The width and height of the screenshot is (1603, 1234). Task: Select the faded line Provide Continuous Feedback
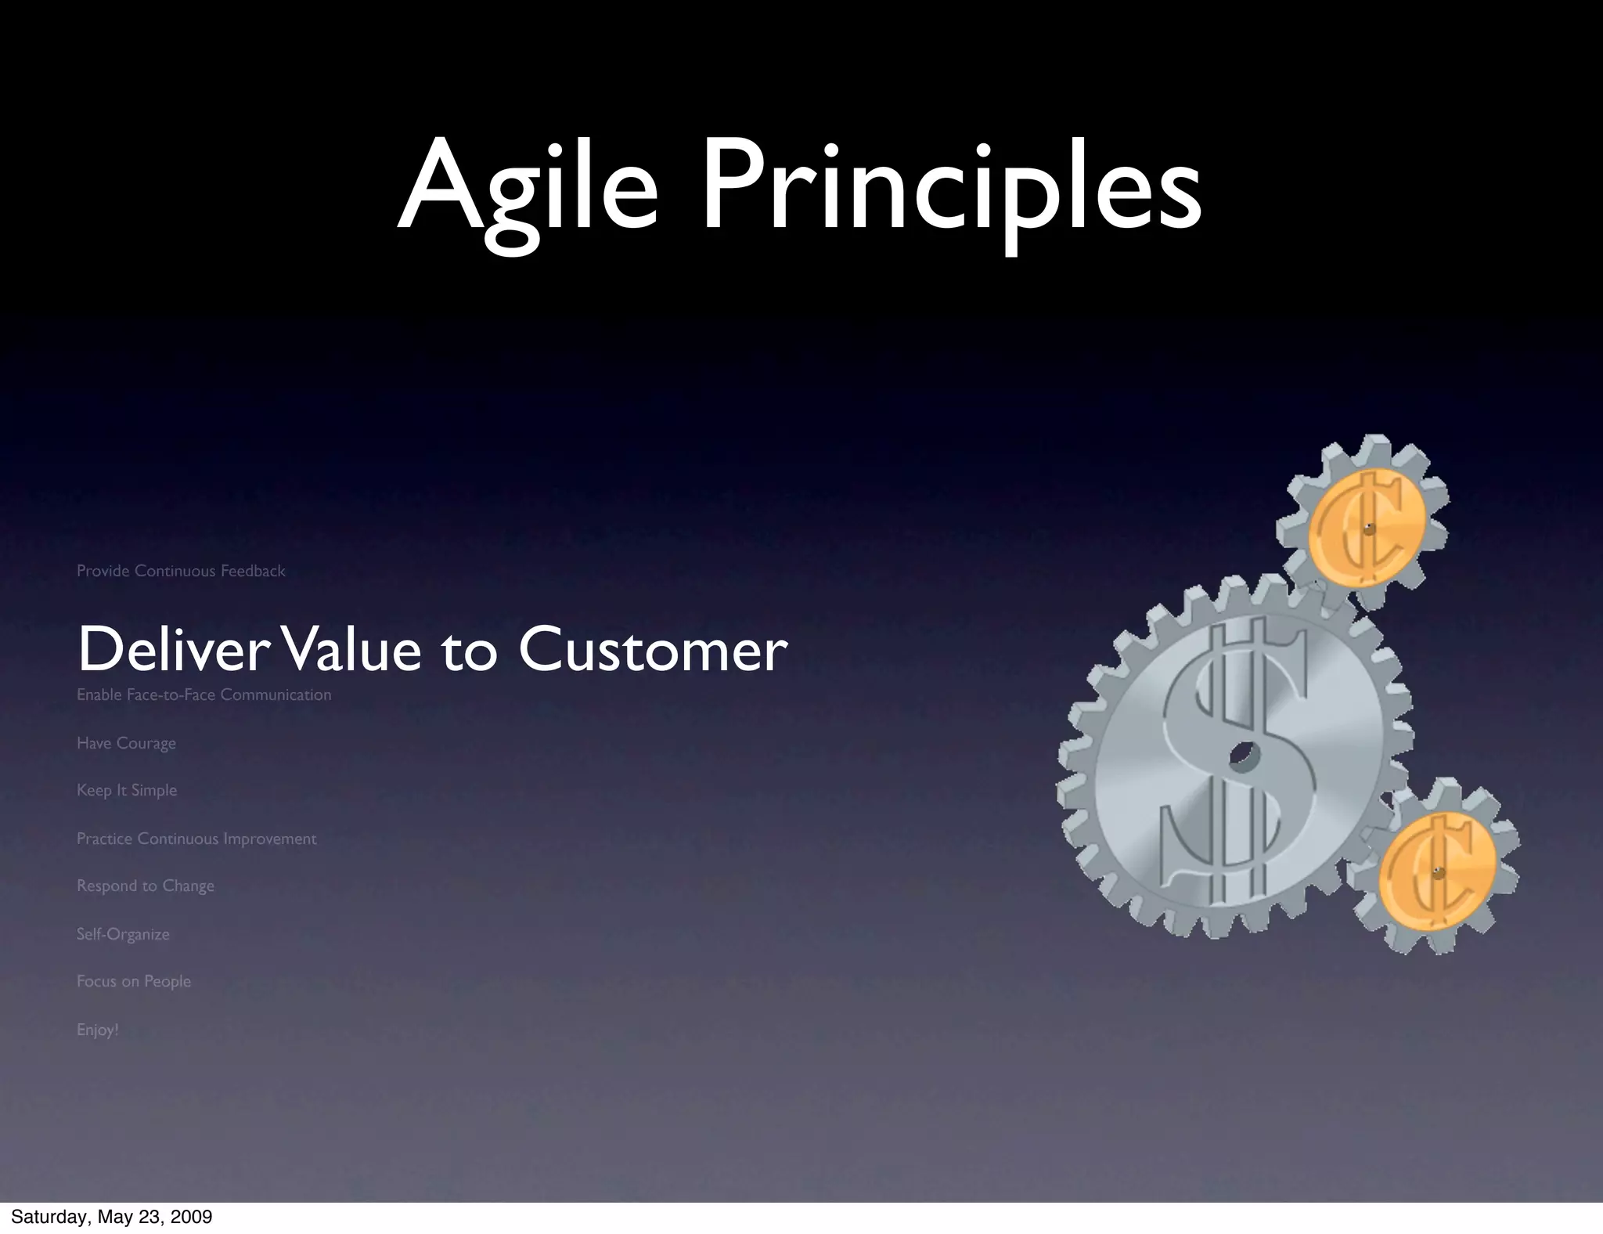click(x=181, y=571)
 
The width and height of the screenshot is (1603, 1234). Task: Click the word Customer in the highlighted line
click(x=652, y=650)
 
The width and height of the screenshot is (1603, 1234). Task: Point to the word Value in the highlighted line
click(x=352, y=650)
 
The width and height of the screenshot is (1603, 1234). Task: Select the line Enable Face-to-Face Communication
click(x=204, y=695)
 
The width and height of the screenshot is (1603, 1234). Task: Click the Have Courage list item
click(x=126, y=743)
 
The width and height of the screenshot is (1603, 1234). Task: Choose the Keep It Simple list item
click(x=127, y=790)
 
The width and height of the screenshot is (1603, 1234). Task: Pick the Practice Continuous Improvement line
click(x=196, y=839)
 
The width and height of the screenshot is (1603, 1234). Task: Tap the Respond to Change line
click(x=146, y=886)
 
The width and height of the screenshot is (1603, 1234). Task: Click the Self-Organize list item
click(x=123, y=934)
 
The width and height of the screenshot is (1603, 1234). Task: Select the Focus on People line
click(x=134, y=981)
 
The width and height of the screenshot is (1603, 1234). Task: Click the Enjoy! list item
click(x=98, y=1030)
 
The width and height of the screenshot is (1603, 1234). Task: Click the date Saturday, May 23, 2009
click(x=111, y=1217)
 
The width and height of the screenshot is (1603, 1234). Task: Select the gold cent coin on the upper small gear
click(x=1367, y=529)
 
